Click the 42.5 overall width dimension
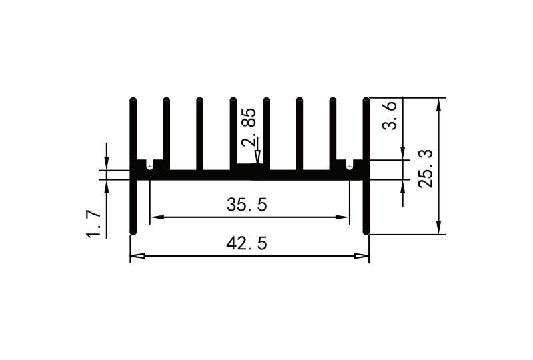tap(247, 244)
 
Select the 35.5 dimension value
tap(247, 205)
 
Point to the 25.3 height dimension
tap(426, 168)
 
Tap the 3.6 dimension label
tap(392, 115)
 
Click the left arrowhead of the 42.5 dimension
tap(134, 256)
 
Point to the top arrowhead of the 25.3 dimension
tap(438, 103)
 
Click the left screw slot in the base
tap(149, 165)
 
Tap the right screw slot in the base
tap(350, 165)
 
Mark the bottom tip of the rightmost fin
tap(366, 232)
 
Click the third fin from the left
tap(199, 133)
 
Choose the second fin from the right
tap(332, 133)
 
